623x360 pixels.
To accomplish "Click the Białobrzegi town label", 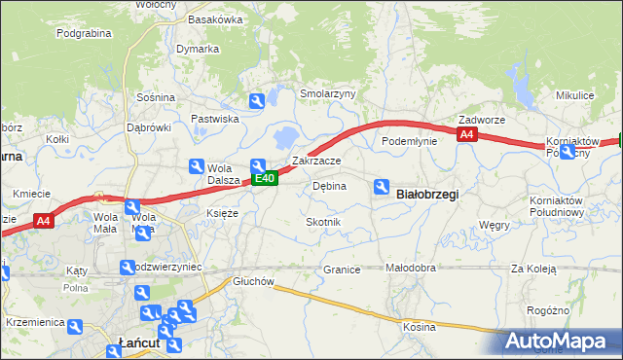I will [x=428, y=194].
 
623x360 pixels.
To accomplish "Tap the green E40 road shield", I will [x=267, y=178].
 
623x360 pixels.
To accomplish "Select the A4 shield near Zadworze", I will [x=467, y=135].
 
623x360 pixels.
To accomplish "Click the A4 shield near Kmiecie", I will [x=43, y=222].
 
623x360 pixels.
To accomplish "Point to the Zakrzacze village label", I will [x=315, y=161].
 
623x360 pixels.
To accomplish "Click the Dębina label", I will [x=329, y=186].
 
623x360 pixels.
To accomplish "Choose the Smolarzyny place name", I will [x=328, y=93].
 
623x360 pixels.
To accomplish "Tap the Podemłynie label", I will [x=409, y=141].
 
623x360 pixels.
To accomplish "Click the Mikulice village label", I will [x=574, y=95].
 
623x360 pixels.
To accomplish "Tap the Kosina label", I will [x=420, y=327].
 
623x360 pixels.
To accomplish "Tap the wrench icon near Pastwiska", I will [x=256, y=100].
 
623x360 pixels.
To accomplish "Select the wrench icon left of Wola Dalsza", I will [x=196, y=166].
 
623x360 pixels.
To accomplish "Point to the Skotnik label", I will [x=324, y=222].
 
